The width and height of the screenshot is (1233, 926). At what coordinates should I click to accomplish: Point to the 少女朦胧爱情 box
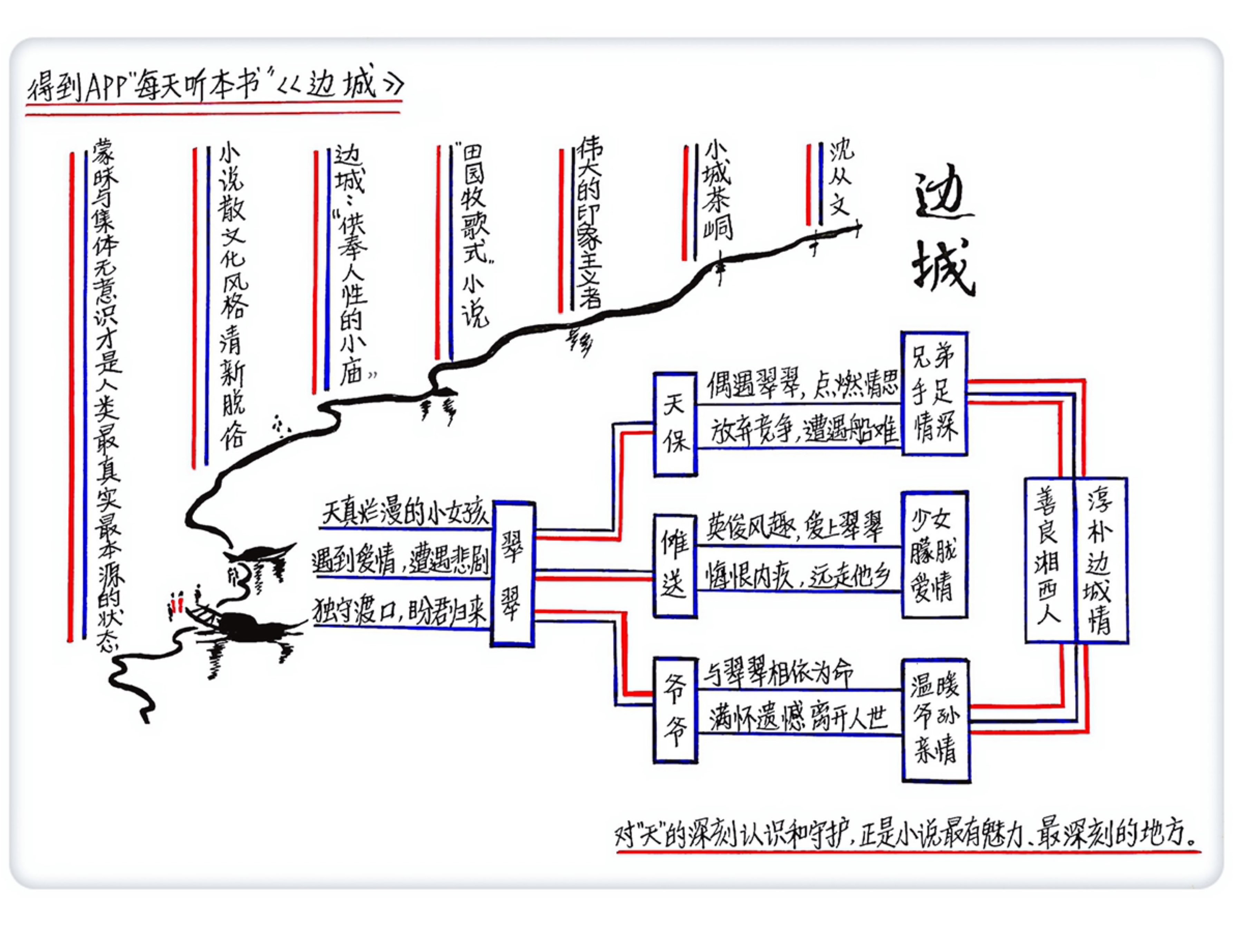[934, 555]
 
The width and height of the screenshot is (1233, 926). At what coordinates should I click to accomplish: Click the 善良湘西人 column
[1049, 560]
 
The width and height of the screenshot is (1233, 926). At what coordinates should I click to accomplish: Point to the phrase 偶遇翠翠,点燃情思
[801, 385]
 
